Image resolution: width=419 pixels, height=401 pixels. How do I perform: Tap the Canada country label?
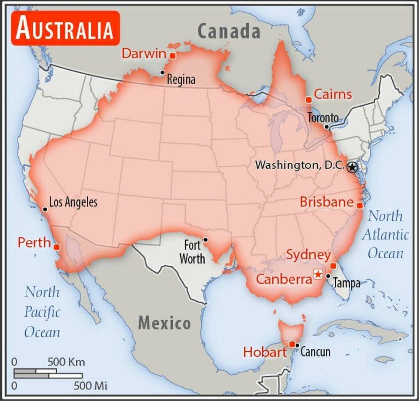point(229,31)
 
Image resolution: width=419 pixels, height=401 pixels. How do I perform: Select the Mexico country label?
point(165,324)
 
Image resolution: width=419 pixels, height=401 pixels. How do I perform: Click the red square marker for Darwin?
point(172,56)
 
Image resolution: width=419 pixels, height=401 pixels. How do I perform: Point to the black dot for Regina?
point(162,72)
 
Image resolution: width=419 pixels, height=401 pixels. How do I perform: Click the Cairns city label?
point(333,94)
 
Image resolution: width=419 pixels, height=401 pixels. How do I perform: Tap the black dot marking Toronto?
point(326,126)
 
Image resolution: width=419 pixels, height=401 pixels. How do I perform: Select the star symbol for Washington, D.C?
point(353,167)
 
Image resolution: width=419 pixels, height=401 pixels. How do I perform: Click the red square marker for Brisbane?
point(360,205)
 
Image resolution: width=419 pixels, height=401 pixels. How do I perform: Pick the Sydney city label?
point(308,255)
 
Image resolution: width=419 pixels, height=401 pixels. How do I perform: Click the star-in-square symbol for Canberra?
point(318,274)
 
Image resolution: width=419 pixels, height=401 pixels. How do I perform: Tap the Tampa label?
point(347,283)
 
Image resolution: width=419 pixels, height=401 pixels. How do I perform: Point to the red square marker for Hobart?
point(292,344)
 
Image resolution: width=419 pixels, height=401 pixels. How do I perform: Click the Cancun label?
point(315,351)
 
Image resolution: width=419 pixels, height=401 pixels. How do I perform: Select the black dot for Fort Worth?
point(205,239)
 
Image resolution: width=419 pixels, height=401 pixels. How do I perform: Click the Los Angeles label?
point(73,202)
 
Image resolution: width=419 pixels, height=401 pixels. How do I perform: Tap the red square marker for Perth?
point(56,247)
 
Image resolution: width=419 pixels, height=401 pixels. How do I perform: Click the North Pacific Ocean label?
point(42,312)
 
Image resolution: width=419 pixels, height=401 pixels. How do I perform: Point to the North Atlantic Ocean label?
point(385,235)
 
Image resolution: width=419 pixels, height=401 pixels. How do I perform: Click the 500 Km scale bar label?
point(66,362)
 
